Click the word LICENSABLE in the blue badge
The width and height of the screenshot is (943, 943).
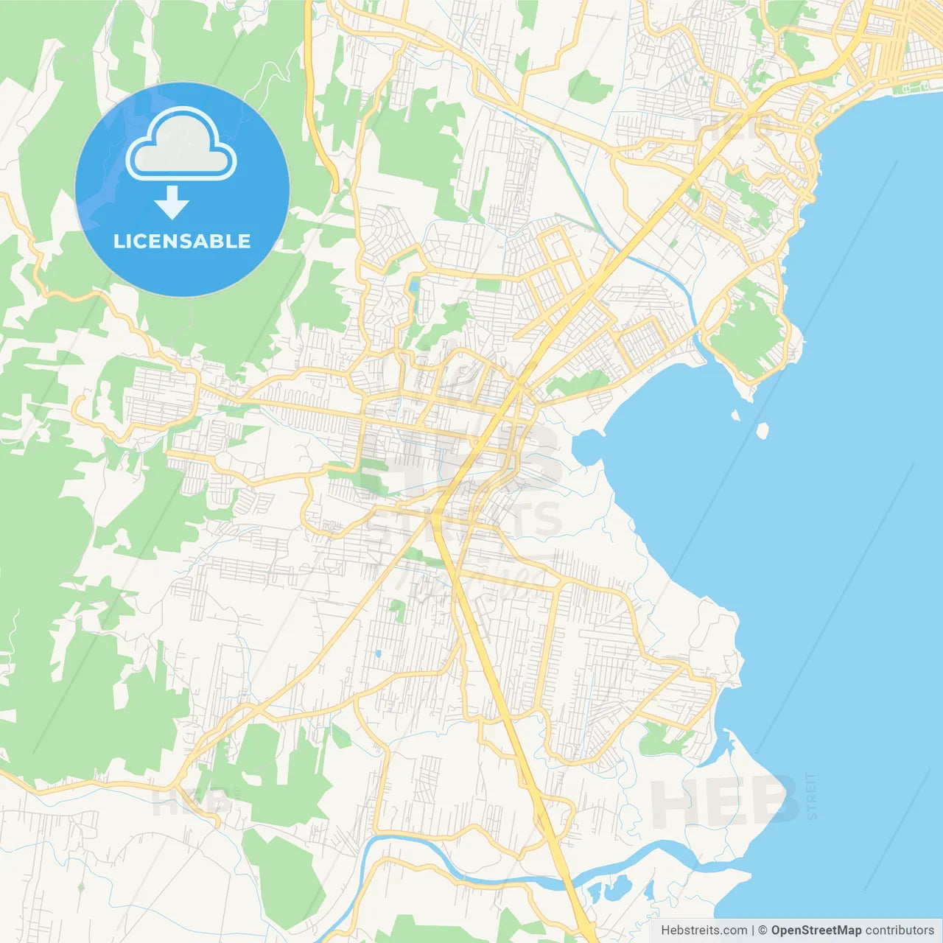click(182, 241)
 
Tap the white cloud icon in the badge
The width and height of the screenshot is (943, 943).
click(180, 145)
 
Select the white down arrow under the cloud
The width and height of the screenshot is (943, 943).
click(172, 203)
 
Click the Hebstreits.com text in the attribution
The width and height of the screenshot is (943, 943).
click(704, 930)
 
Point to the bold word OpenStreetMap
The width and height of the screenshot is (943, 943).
click(816, 930)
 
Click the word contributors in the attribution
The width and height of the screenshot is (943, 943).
click(900, 930)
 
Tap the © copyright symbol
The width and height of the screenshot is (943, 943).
click(763, 930)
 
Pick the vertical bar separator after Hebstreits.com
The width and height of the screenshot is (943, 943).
click(753, 930)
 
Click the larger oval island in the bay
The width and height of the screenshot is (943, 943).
click(763, 430)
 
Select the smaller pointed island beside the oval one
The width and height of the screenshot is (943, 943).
click(735, 416)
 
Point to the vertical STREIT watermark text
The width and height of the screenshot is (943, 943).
click(812, 796)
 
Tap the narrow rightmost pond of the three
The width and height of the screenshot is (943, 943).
click(648, 891)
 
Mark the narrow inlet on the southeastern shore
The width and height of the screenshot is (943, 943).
click(726, 751)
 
